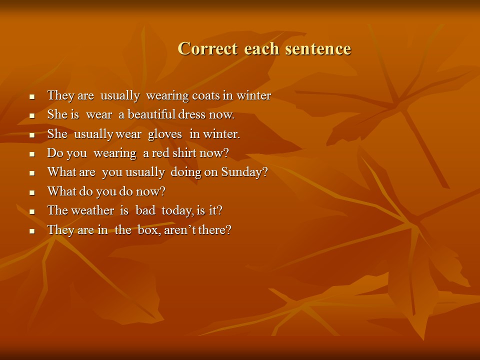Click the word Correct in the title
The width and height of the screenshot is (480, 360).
point(207,48)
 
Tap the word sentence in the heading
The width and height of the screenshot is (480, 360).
point(318,48)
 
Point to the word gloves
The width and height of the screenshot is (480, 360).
point(164,134)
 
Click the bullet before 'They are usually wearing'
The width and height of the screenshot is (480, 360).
point(32,96)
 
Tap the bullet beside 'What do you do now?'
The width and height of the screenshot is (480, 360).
point(32,192)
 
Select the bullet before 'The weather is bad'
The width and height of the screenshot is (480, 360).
point(32,212)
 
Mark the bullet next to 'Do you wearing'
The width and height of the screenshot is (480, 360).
point(32,154)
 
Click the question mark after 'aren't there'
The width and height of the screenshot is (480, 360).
point(228,229)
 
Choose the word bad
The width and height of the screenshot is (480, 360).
point(145,210)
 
